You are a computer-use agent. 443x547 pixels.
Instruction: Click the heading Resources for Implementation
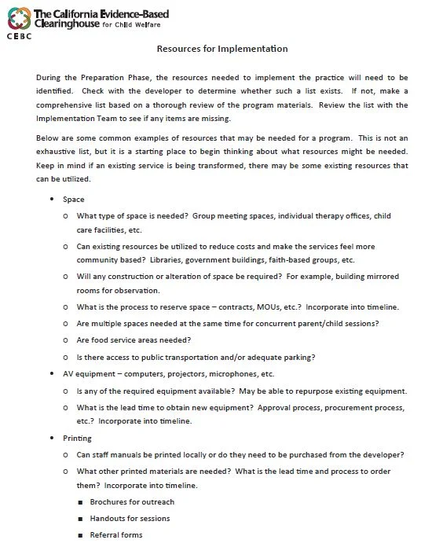coord(222,49)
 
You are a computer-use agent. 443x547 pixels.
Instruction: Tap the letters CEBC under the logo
coord(18,35)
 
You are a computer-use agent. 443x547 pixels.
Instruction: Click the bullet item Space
coord(74,200)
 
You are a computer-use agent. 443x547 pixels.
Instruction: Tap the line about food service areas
coord(134,340)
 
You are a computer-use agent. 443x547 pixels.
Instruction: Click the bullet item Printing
coord(77,438)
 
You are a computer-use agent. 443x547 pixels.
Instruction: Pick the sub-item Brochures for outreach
coord(132,501)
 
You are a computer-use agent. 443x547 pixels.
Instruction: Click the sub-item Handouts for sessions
coord(130,519)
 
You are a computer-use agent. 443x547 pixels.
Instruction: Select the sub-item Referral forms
coord(116,535)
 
